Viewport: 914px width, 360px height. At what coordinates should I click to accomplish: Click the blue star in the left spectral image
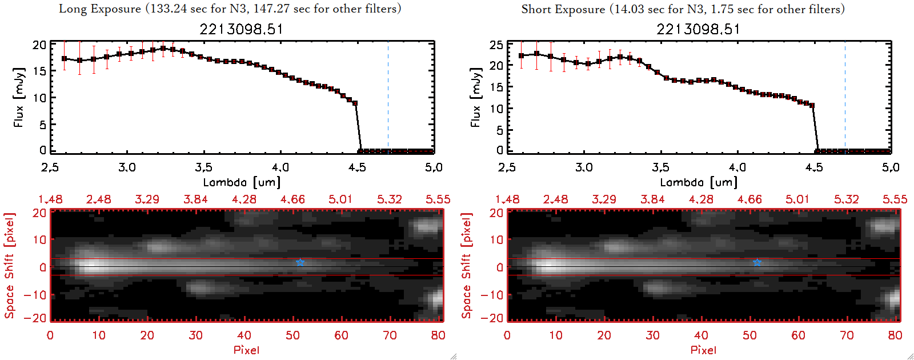click(x=300, y=262)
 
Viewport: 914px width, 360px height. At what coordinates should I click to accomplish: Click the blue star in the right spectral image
click(x=757, y=262)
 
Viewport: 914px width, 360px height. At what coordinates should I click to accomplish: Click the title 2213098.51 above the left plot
click(x=241, y=29)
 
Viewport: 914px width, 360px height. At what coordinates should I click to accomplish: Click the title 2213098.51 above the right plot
click(x=698, y=29)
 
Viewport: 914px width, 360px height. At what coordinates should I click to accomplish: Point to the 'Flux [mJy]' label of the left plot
click(x=19, y=97)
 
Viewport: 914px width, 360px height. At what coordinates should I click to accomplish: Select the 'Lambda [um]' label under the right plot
click(x=699, y=182)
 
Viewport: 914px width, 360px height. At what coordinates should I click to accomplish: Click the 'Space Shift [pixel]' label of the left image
click(x=9, y=266)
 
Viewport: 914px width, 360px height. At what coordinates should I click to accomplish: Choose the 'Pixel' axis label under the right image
click(x=703, y=350)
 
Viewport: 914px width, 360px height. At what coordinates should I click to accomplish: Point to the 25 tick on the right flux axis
click(x=496, y=45)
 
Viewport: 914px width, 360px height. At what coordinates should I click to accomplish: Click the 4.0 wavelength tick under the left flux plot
click(x=280, y=167)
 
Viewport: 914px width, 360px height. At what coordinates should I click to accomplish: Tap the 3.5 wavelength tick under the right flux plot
click(x=660, y=167)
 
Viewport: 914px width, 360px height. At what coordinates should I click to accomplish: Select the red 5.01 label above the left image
click(x=340, y=199)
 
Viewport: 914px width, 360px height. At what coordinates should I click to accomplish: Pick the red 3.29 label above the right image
click(x=604, y=199)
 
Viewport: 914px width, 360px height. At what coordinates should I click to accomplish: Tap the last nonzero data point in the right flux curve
click(x=812, y=105)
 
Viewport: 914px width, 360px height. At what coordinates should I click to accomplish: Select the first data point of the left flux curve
click(x=64, y=58)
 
